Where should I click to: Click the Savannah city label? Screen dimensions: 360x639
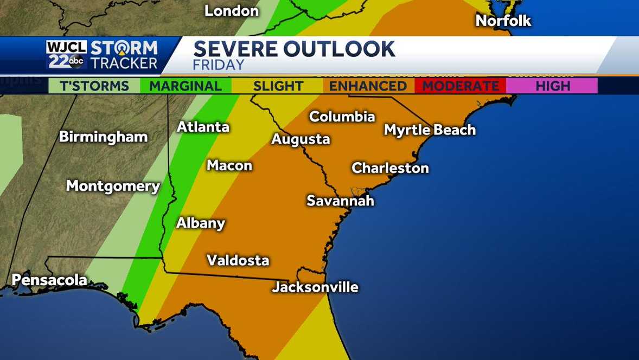[340, 201]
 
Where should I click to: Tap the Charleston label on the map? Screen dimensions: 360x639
[390, 168]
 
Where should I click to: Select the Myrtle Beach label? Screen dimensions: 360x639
[430, 130]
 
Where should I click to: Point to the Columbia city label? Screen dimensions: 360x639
[342, 117]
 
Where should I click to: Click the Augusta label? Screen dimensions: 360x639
[301, 139]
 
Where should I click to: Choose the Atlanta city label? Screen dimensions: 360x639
[203, 127]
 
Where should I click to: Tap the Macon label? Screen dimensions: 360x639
[229, 165]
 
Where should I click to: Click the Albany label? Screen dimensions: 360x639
[200, 223]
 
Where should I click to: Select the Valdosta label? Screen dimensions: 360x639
[238, 260]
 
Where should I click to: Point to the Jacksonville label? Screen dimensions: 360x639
[315, 287]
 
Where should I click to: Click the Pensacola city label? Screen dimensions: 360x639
[49, 280]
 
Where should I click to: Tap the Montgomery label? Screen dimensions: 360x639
[113, 187]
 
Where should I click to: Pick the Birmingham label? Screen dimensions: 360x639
[103, 137]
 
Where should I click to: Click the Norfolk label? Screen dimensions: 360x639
[503, 21]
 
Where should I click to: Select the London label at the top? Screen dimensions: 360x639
[232, 11]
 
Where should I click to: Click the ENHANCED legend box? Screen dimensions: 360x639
[368, 86]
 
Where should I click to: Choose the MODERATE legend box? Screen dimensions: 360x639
[460, 86]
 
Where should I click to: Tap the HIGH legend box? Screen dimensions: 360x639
[552, 86]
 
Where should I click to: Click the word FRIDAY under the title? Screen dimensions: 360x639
[219, 65]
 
